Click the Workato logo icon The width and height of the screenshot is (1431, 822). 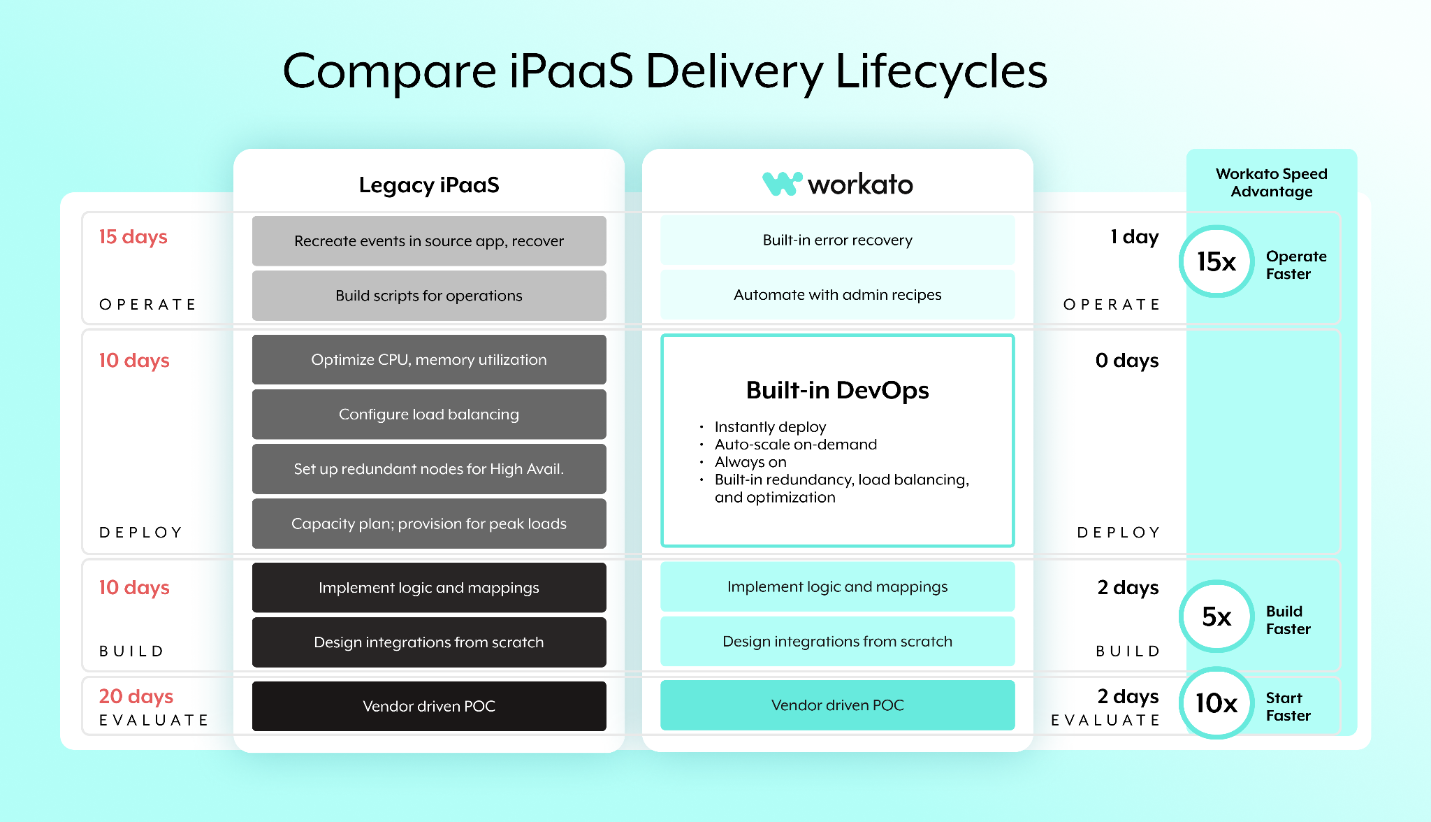point(782,184)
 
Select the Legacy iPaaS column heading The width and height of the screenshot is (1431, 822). point(429,185)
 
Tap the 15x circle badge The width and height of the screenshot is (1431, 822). point(1216,261)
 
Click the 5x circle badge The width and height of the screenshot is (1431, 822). point(1216,616)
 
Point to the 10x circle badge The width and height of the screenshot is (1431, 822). point(1216,702)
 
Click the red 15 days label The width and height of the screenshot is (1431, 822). point(133,238)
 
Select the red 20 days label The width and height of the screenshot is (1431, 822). point(136,697)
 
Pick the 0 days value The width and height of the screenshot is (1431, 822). point(1127,361)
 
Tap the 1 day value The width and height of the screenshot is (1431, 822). point(1135,238)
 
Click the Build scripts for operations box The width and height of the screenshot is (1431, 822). point(429,296)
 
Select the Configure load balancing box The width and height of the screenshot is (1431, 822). point(429,414)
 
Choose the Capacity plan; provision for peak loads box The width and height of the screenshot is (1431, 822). point(429,524)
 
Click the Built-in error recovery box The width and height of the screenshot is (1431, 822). point(838,240)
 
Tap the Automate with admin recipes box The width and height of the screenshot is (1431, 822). point(838,295)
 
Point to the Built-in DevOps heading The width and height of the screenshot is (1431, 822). point(838,390)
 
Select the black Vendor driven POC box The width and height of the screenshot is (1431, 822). point(429,706)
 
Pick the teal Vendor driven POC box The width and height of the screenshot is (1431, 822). point(838,705)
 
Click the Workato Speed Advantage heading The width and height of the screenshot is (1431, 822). point(1272,182)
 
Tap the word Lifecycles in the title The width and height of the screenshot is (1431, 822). point(941,71)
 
